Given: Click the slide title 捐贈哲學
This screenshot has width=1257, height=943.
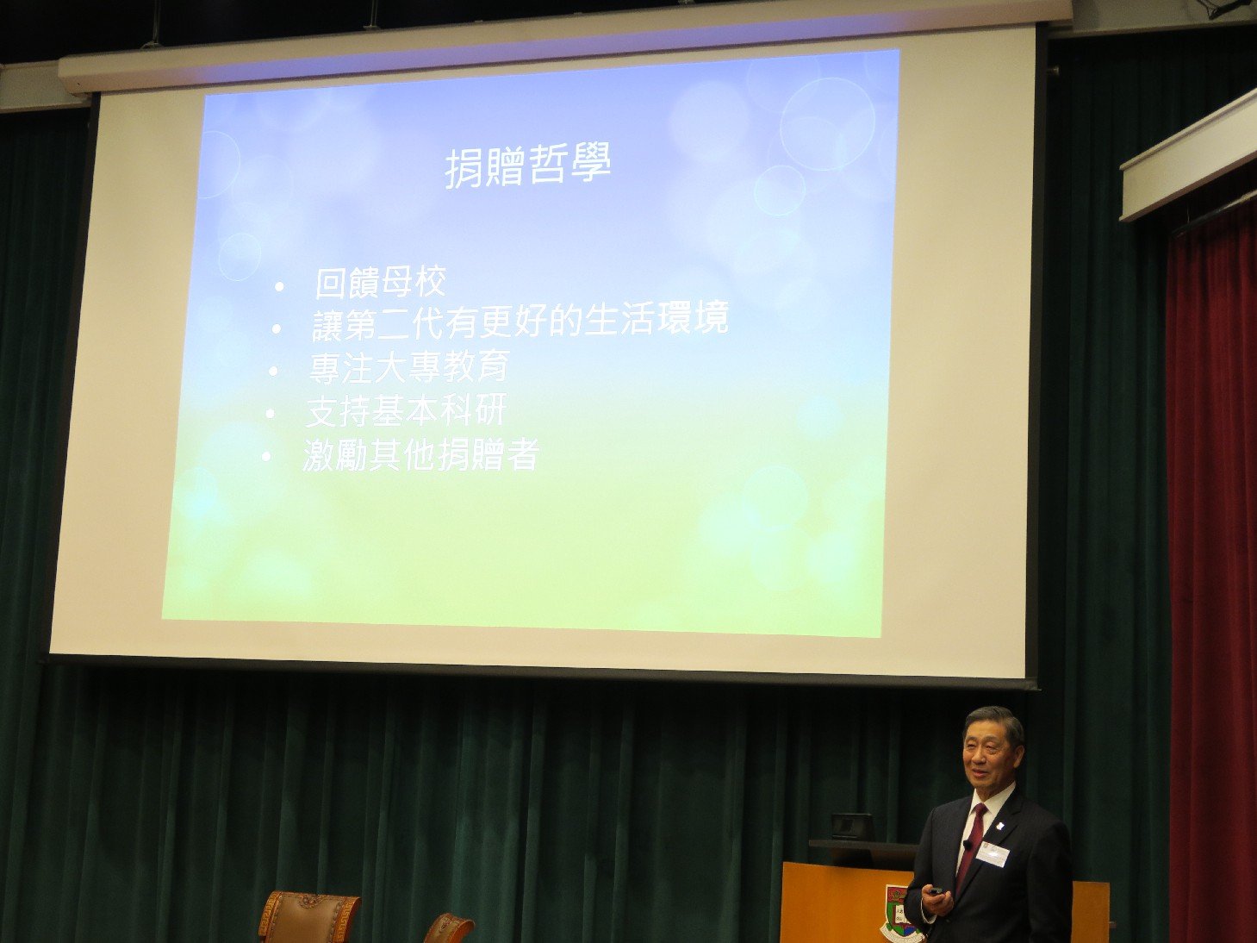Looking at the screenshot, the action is (527, 166).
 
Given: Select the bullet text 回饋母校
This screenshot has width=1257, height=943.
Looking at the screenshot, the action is (380, 283).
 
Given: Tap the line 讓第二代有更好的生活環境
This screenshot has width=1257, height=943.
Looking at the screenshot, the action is (520, 321).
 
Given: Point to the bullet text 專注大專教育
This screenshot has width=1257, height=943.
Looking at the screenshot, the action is (409, 367).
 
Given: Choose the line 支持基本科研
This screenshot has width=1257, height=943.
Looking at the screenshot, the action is (406, 411).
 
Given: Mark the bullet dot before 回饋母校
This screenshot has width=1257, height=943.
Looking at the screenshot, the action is (279, 287).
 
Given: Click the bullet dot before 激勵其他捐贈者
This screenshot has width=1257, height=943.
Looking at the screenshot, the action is (266, 457).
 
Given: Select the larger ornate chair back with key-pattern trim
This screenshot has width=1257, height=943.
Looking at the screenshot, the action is (309, 916).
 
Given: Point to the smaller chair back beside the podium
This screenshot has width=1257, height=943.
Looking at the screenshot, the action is (449, 928).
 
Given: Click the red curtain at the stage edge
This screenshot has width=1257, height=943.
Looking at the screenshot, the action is (1211, 573).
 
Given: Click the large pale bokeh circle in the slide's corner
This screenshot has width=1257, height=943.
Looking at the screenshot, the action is (827, 124).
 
